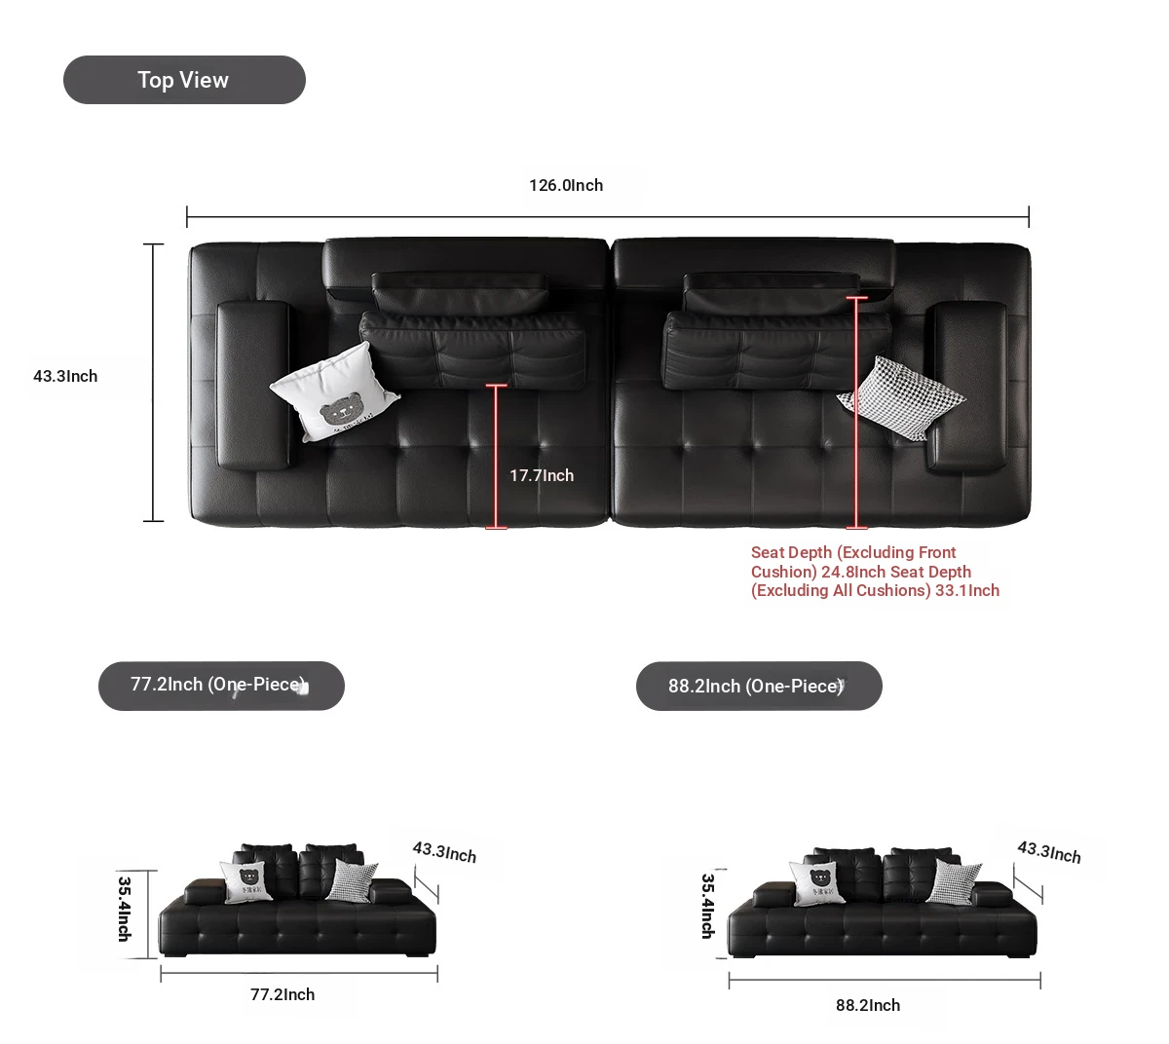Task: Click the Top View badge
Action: [184, 80]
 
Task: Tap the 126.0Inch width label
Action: [565, 185]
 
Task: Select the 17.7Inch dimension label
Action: [542, 475]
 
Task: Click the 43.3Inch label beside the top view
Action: [65, 376]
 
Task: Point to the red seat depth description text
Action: [875, 571]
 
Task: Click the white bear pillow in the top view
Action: [334, 391]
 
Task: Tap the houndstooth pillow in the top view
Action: [901, 398]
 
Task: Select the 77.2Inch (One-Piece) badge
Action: [221, 686]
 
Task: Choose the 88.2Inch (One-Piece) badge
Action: [759, 686]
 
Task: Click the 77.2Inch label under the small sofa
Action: [283, 994]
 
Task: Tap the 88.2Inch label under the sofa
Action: [867, 1005]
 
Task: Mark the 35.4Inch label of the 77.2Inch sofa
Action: [125, 909]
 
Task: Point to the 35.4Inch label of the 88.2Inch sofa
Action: [708, 906]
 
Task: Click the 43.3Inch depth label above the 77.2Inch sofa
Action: [444, 852]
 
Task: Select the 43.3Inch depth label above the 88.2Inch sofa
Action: [1048, 852]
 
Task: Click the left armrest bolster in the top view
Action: [254, 386]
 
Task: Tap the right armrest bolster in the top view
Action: [966, 387]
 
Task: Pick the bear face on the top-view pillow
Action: [340, 408]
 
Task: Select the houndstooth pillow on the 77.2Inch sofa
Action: [352, 880]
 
